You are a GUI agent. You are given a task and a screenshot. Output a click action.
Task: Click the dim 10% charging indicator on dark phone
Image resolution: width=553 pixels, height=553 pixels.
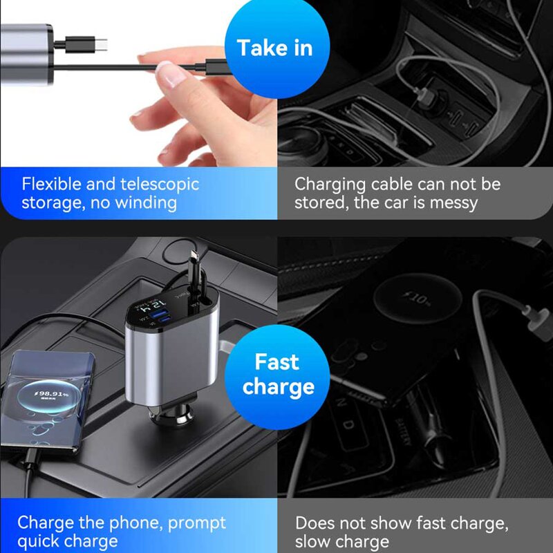(x=418, y=299)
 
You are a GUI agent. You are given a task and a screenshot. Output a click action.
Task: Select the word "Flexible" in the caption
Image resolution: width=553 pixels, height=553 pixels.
(x=50, y=185)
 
